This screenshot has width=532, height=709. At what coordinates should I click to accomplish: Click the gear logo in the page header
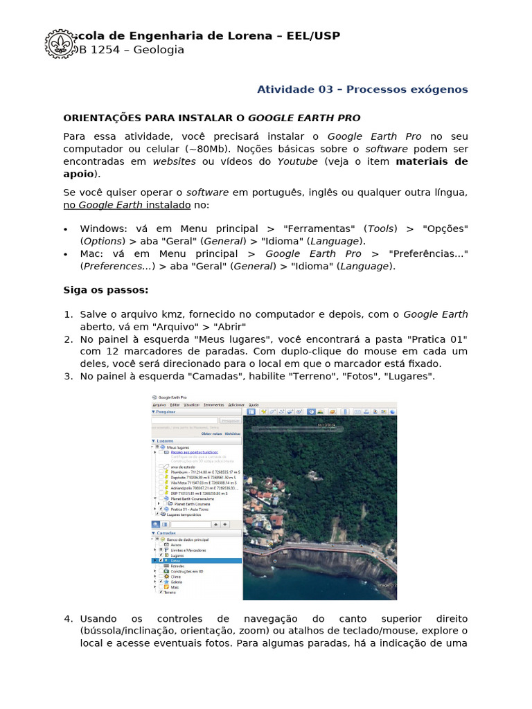coord(60,43)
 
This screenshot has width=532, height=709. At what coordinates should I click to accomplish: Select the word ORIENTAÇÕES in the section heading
coord(101,118)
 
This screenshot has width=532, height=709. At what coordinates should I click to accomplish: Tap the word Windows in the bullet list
coord(103,228)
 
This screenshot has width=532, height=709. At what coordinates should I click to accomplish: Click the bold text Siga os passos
coord(105,289)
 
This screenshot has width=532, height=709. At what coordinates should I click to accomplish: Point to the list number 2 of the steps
coord(68,339)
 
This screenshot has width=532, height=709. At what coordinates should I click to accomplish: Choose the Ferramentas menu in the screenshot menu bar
coord(213,404)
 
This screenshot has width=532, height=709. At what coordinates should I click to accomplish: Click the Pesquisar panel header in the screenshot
coord(168,412)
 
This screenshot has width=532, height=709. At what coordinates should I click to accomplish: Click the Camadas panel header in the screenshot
coord(167,533)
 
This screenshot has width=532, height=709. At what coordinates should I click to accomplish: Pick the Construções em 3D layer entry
coord(186,571)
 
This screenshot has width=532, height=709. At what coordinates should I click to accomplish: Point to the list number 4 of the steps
coord(68,618)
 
